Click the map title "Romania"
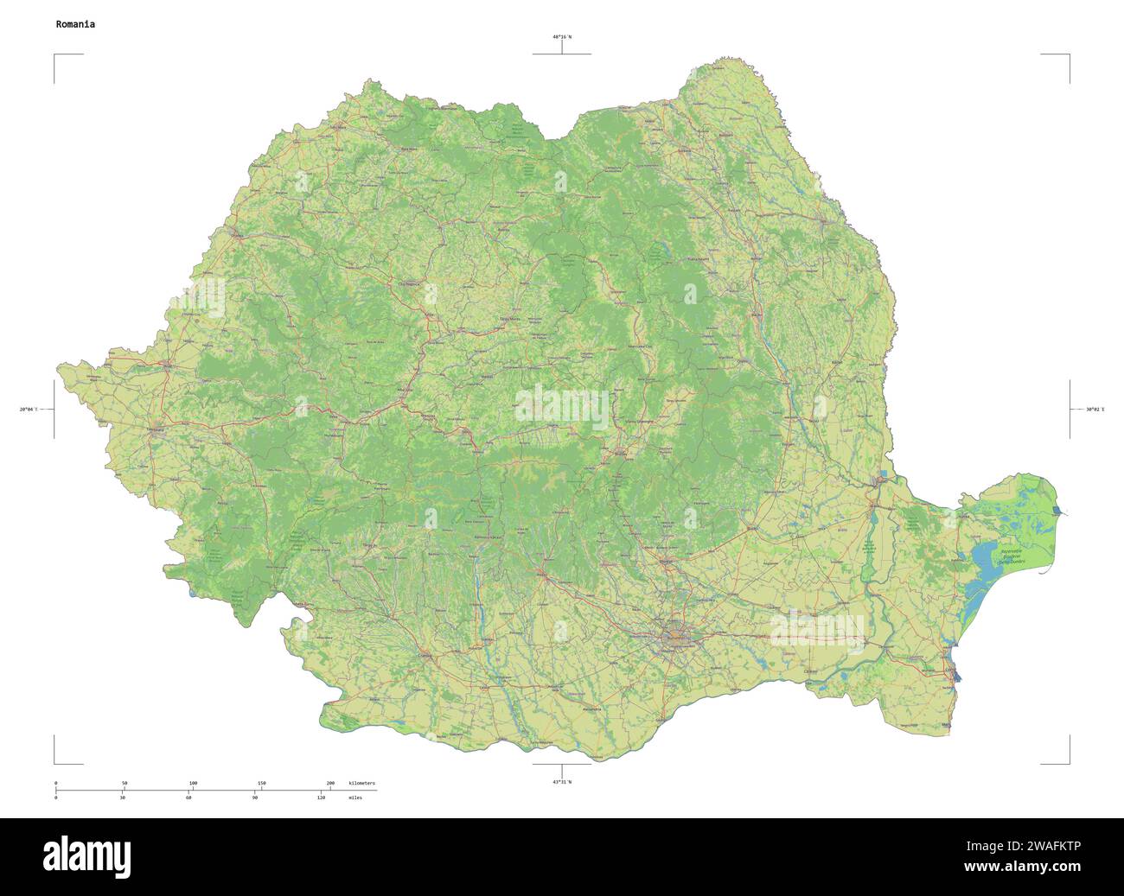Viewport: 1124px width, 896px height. (x=75, y=24)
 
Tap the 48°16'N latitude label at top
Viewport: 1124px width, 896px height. (x=562, y=37)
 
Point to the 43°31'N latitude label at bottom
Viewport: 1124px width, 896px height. (x=562, y=782)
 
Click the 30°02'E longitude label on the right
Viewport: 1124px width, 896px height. (x=1095, y=409)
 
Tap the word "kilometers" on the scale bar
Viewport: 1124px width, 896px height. (x=361, y=783)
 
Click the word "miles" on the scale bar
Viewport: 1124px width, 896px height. (x=355, y=798)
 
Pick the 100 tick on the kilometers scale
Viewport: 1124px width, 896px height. (x=193, y=783)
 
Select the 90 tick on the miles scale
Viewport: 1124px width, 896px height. (x=254, y=798)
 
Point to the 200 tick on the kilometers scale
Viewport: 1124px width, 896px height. (x=330, y=783)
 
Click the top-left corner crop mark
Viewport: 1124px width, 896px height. (x=55, y=55)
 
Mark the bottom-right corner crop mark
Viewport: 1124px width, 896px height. (x=1069, y=763)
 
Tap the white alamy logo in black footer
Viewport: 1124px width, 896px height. (x=87, y=855)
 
